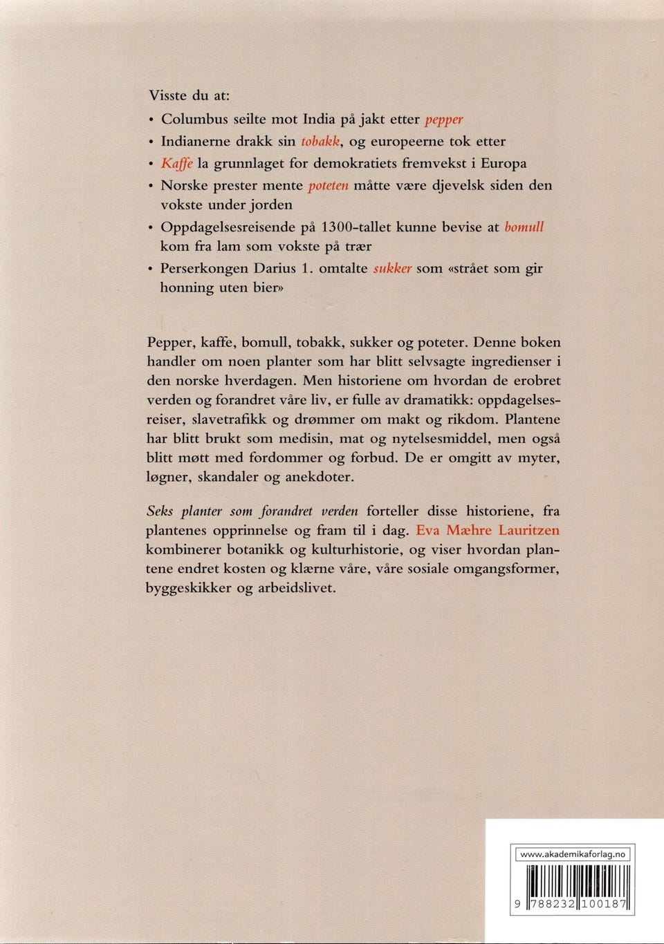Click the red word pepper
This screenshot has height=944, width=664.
444,120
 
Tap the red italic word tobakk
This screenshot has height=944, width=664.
320,142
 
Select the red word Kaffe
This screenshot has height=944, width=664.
177,164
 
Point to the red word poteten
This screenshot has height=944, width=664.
328,185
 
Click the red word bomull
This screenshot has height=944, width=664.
524,227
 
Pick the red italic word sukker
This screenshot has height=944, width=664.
392,269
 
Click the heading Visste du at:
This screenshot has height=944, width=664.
189,96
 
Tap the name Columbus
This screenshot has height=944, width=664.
194,120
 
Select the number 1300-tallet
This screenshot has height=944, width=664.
356,227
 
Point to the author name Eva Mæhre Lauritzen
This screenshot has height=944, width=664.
488,531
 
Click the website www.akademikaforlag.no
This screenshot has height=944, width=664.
572,854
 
